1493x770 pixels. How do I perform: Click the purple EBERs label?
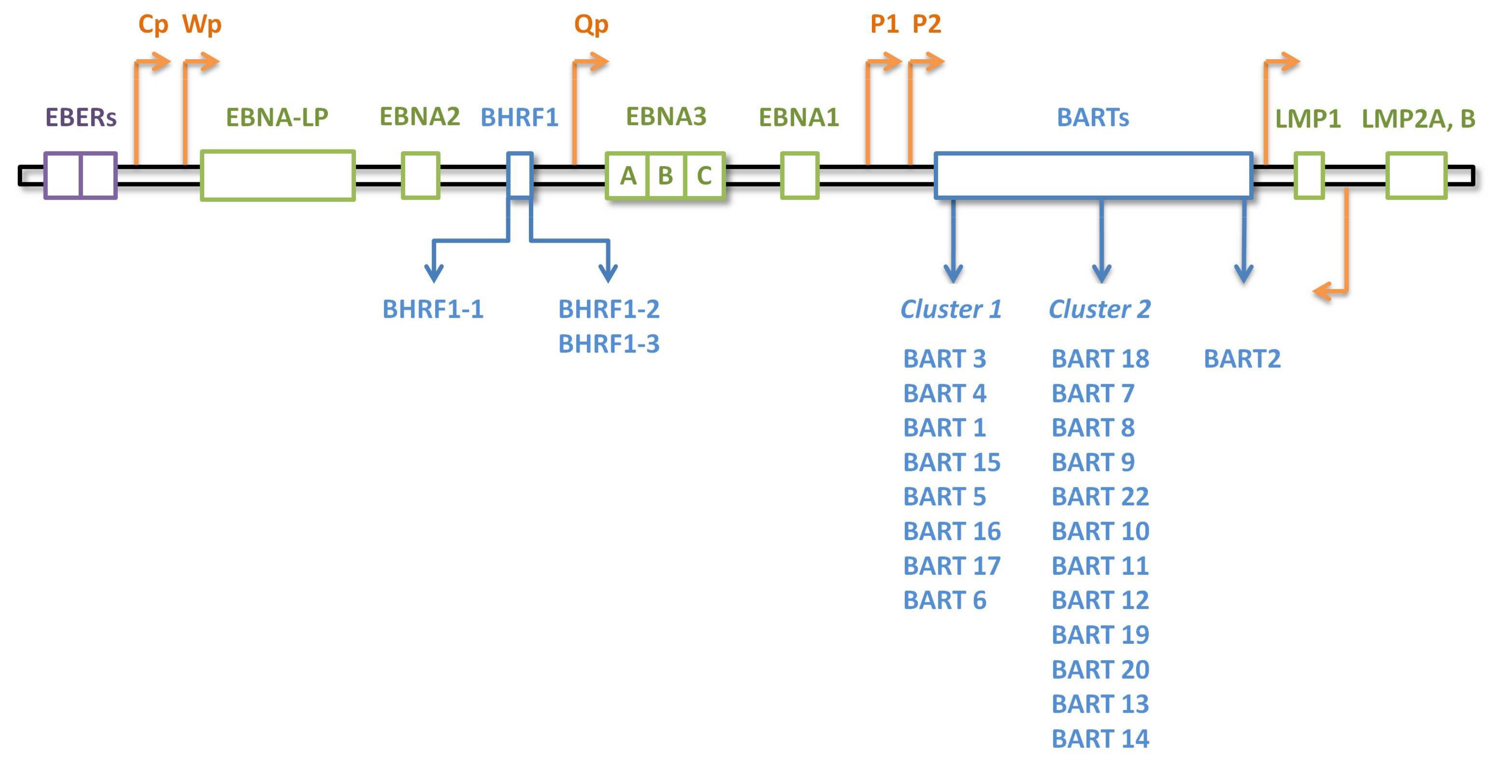click(x=81, y=118)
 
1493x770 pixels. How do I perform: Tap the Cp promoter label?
click(x=153, y=24)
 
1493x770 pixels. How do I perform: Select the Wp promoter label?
click(x=202, y=24)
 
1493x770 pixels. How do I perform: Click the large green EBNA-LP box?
click(x=278, y=176)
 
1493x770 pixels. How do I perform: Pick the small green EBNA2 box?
click(x=421, y=176)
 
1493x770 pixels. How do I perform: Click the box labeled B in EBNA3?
click(x=666, y=176)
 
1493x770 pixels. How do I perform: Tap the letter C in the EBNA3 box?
click(x=704, y=176)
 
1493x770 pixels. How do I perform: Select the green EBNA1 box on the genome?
click(x=800, y=176)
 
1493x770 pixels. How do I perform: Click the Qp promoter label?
click(x=591, y=24)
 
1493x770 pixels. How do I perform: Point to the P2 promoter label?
click(x=927, y=24)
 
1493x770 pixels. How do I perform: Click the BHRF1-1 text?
click(x=433, y=309)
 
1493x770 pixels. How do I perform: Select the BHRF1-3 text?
click(x=609, y=344)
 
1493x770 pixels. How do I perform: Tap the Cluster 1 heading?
click(x=951, y=309)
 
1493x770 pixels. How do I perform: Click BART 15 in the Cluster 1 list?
click(x=952, y=462)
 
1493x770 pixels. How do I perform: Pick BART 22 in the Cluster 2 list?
click(x=1100, y=497)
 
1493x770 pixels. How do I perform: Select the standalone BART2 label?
click(x=1242, y=359)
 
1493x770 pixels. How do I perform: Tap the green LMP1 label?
click(x=1308, y=119)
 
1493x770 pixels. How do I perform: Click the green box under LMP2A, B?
click(x=1416, y=176)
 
